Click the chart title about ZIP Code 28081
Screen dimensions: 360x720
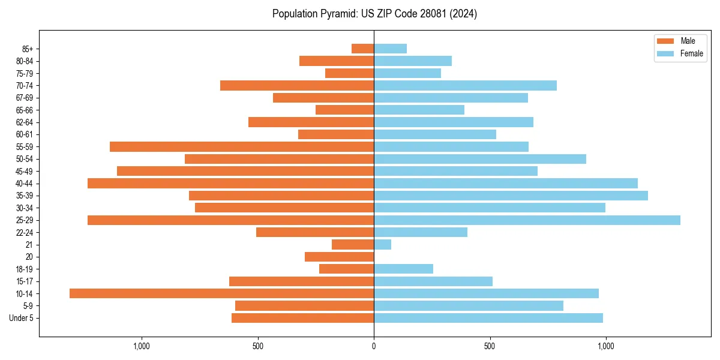click(x=374, y=14)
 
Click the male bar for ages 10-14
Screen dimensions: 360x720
click(x=221, y=293)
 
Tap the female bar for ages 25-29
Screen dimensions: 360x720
click(x=527, y=220)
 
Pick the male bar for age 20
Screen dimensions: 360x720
click(x=339, y=257)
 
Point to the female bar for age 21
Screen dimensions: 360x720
click(x=383, y=245)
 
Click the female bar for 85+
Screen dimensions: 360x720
click(x=390, y=49)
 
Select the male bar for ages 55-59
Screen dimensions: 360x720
click(x=242, y=147)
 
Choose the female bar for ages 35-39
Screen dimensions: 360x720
click(x=511, y=196)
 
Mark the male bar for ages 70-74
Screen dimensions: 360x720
click(x=297, y=85)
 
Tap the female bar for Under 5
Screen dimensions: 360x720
click(x=488, y=318)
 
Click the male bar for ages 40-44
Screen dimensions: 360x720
click(x=230, y=184)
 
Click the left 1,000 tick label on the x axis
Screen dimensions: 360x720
click(x=142, y=346)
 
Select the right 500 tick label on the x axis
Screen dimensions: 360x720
click(x=490, y=346)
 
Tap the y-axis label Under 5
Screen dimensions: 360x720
click(x=21, y=318)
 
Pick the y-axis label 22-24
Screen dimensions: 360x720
click(x=25, y=233)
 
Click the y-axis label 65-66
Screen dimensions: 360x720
click(x=25, y=110)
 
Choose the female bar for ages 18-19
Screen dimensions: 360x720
click(x=403, y=269)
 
